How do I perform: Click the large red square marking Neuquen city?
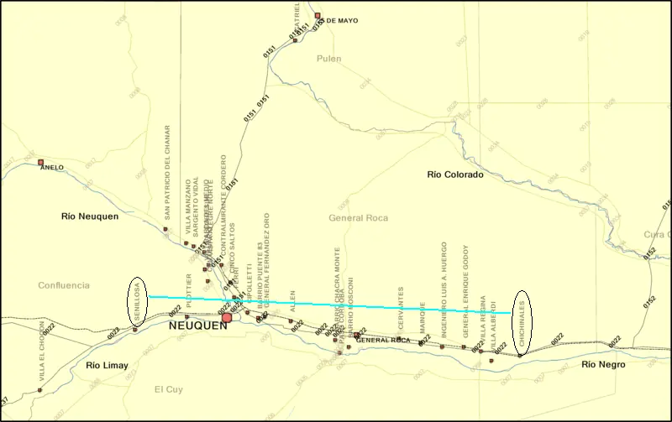coord(227,318)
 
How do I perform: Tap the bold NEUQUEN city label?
coord(198,326)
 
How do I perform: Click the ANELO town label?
coord(51,168)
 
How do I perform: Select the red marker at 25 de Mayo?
coord(318,15)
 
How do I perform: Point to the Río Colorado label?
coord(455,175)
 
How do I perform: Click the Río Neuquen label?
coord(90,216)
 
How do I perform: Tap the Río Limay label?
coord(108,365)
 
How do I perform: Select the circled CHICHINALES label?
coord(522,320)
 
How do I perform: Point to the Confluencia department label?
coord(64,285)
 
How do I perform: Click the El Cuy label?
coord(169,389)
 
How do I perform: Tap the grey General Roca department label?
coord(359,218)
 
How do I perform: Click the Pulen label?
coord(329,59)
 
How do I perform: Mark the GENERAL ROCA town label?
coord(383,340)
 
